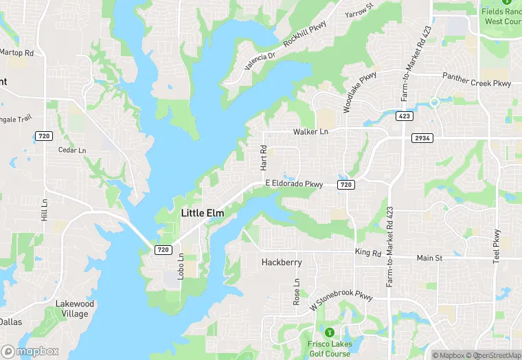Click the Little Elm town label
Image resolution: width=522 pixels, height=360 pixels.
(202, 214)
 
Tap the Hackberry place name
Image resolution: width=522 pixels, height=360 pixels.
(282, 262)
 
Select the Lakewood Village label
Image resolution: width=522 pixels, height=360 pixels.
(74, 308)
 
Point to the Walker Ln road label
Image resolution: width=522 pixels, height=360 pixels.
(310, 131)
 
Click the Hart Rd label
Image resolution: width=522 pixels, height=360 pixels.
(263, 158)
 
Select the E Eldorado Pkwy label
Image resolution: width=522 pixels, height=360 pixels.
(294, 184)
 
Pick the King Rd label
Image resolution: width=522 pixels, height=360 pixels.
(367, 253)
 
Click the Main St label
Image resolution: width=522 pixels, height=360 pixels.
(430, 258)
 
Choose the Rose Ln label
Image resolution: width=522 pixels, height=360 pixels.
(297, 291)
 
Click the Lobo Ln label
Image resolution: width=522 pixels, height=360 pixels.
(181, 266)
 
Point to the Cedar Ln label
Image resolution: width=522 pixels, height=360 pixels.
(72, 150)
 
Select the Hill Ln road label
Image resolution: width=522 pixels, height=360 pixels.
(45, 210)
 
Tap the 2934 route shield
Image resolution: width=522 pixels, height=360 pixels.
(422, 138)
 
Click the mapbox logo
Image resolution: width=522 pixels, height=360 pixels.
(30, 351)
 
